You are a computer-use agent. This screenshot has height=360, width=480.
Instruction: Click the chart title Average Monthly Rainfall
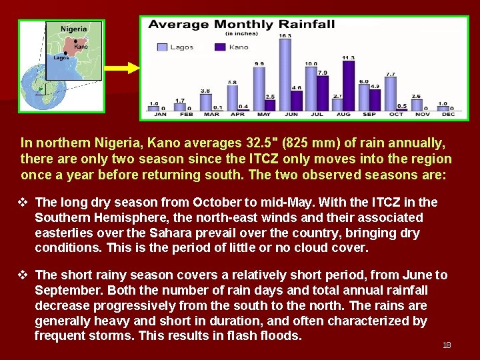241,25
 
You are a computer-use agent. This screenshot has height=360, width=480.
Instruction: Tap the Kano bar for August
348,85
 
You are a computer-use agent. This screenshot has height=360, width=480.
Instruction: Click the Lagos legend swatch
162,47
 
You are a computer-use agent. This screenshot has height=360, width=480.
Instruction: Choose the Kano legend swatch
220,47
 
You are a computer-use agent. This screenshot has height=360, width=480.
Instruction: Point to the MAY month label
263,115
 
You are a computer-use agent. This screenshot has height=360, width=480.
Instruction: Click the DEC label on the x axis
448,115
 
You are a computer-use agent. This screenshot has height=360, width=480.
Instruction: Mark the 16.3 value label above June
285,35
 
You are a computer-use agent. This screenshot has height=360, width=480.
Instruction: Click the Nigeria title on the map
73,29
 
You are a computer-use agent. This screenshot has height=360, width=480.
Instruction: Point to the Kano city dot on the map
75,42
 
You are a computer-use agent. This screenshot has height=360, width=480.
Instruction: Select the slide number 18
447,345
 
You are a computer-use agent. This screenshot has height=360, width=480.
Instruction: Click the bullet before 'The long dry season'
25,202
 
